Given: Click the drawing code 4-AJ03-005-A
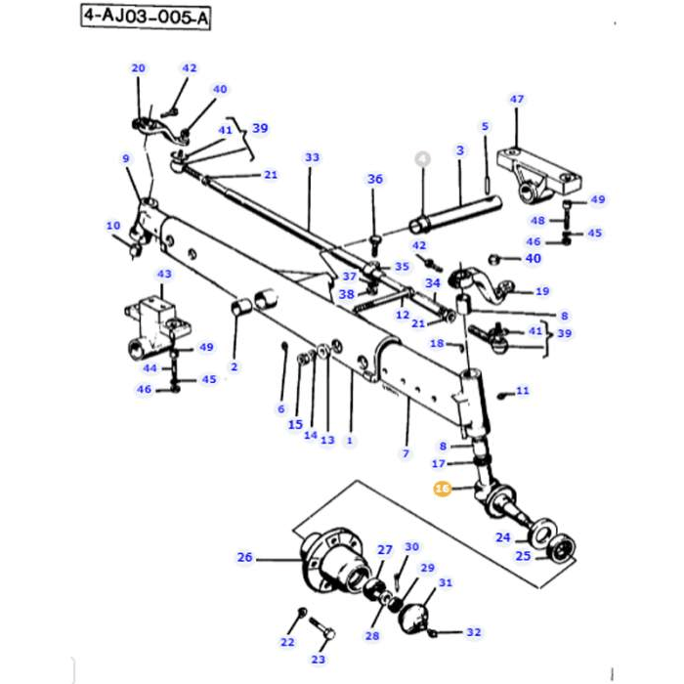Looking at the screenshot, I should point(147,18).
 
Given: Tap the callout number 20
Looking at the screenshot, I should point(138,67).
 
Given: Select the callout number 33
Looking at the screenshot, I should point(312,157).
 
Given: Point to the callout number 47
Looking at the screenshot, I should point(517,100).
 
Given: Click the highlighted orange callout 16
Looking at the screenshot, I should point(442,489).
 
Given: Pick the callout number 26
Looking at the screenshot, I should point(244,558).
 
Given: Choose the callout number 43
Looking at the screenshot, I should point(164,275).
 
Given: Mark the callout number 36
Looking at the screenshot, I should point(375,179).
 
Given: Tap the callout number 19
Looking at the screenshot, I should point(542,291).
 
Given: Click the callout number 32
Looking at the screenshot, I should point(474,632).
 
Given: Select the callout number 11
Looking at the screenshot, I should point(523,391).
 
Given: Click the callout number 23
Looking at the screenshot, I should point(318,660).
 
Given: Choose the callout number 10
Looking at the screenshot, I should point(113,226).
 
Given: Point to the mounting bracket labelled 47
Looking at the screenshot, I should point(537,171).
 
